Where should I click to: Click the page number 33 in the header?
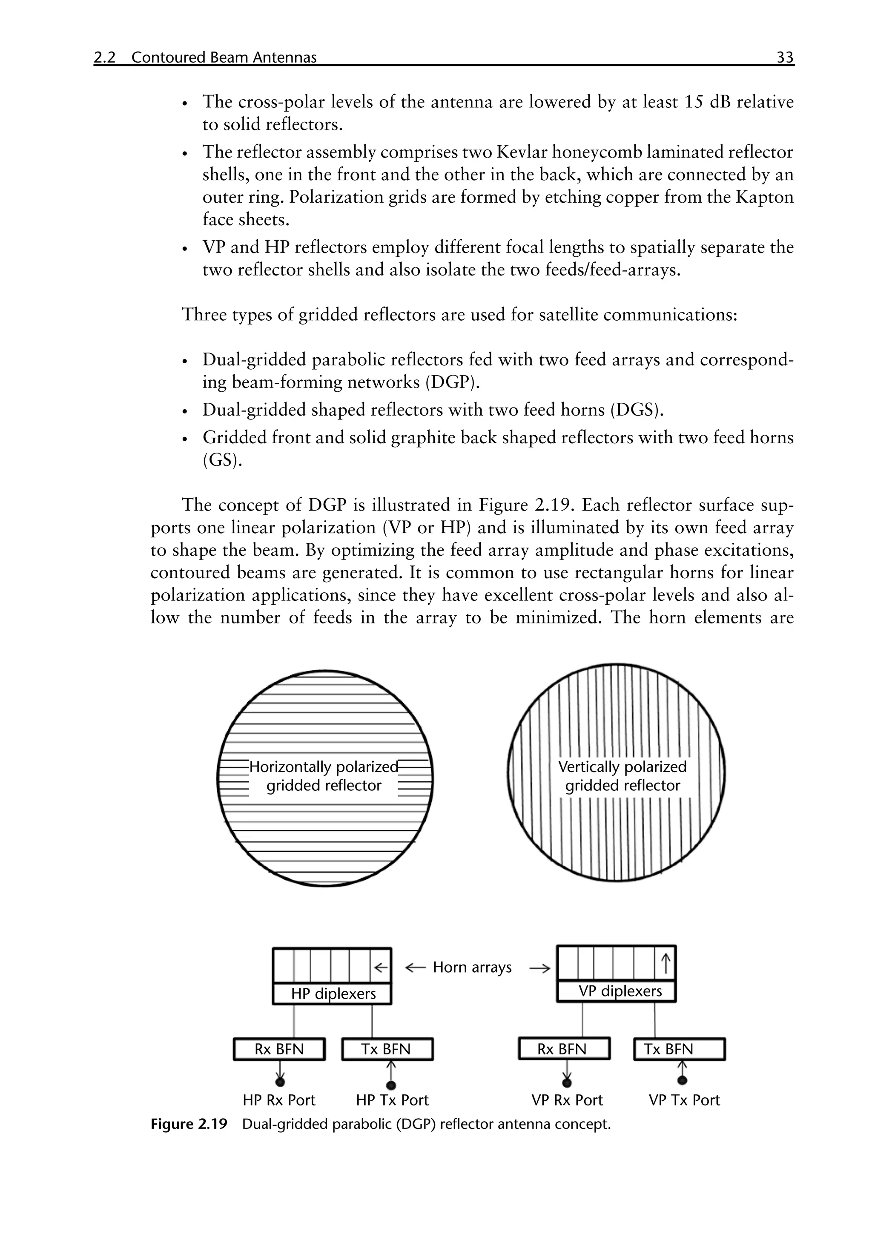(x=785, y=57)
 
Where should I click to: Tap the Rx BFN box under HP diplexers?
(x=279, y=1049)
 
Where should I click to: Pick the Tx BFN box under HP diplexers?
(x=387, y=1049)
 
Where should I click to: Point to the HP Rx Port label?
(x=279, y=1100)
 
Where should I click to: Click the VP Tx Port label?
(x=684, y=1100)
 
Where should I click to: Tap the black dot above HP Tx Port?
(x=391, y=1085)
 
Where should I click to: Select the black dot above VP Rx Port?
(x=567, y=1084)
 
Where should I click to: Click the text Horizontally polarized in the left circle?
(x=324, y=767)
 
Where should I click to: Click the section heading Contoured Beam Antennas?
(x=224, y=57)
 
